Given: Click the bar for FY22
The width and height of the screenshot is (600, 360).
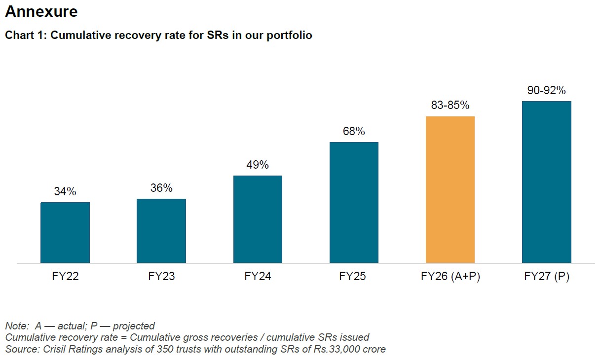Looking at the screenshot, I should point(65,232).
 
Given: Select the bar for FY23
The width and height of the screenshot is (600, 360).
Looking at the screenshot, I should point(161,231).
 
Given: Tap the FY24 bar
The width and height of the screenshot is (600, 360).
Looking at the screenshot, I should point(258,219).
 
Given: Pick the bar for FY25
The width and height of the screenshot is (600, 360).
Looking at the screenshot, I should point(354,202).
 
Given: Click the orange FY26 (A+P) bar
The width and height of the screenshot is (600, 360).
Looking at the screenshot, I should point(450,189).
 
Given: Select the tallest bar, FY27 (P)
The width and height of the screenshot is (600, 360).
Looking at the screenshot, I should point(546,182).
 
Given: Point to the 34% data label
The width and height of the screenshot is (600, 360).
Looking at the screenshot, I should point(65,191).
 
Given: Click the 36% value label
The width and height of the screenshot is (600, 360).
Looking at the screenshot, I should point(161,188).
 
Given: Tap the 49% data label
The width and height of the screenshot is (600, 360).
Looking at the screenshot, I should point(258,165).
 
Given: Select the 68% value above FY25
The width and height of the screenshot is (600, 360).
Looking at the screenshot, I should point(354,131).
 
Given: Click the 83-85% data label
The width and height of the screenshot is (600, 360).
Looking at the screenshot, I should point(450,105).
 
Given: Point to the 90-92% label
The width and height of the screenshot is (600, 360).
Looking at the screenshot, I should point(546,90).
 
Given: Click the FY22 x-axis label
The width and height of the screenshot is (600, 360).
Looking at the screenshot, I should point(65,277).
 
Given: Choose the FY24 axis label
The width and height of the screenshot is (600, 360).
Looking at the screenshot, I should point(258,277).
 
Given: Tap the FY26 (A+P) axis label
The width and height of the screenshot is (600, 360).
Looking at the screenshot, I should point(450,277).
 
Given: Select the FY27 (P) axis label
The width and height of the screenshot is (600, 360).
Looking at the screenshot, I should point(546,277).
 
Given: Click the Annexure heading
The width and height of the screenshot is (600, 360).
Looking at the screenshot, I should point(41,12).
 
